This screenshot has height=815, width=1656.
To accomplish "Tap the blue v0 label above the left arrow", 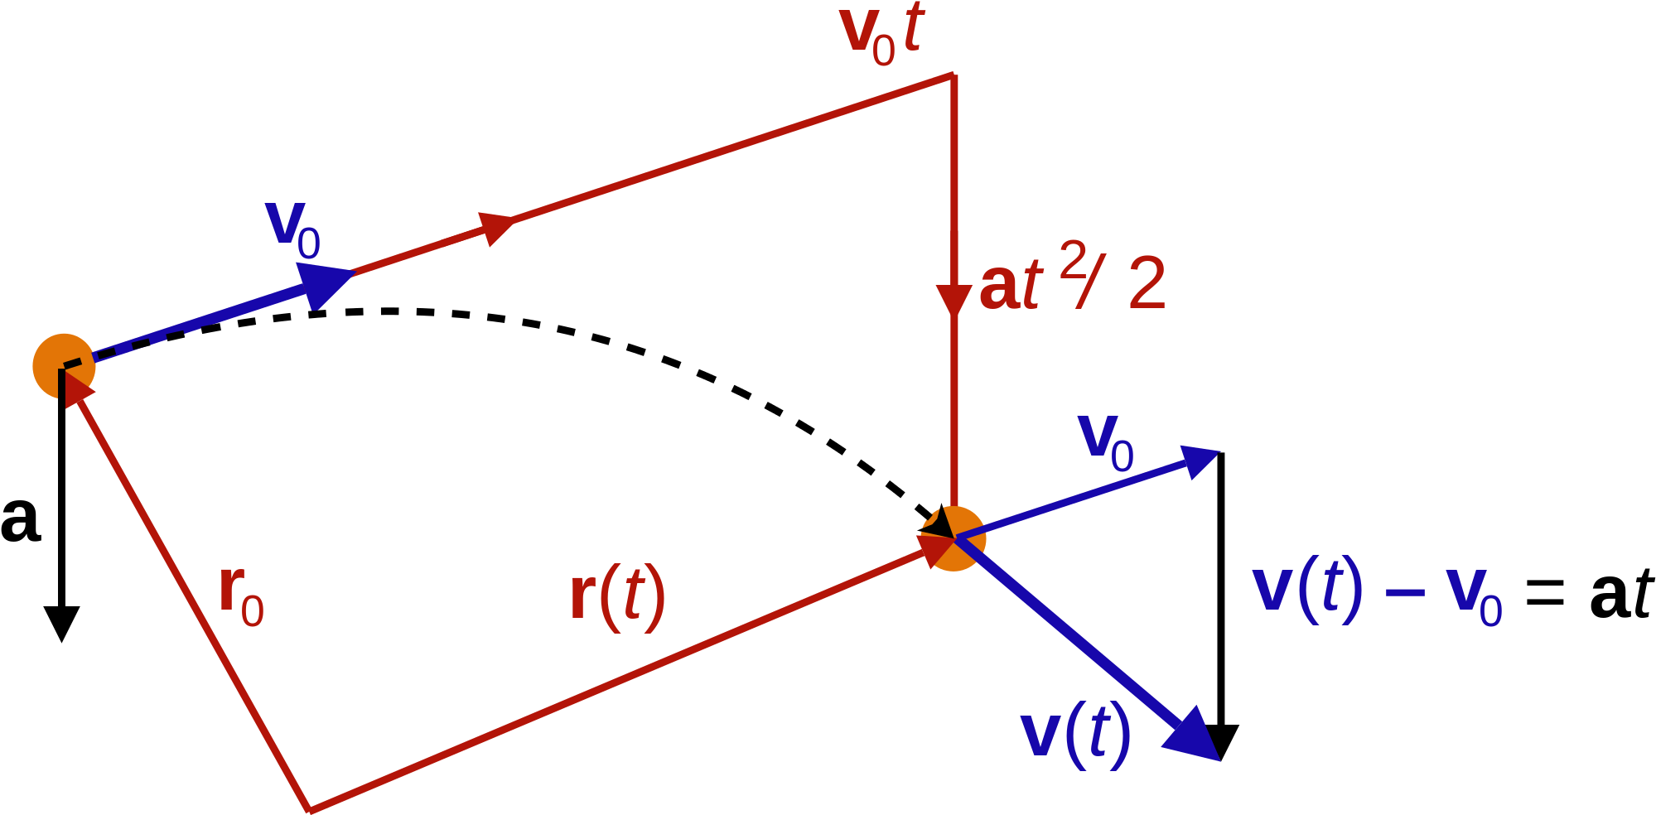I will tap(292, 230).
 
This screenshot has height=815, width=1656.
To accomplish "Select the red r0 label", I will tap(241, 596).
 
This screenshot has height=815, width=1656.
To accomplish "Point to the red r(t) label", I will tap(618, 596).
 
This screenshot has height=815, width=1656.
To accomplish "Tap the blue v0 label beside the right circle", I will tap(1106, 443).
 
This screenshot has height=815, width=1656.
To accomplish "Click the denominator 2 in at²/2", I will tap(1147, 284).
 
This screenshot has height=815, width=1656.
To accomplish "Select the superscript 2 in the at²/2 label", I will tap(1073, 258).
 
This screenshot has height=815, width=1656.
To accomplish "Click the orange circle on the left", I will tap(63, 365).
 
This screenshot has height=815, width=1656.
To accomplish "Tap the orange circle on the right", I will tap(954, 538).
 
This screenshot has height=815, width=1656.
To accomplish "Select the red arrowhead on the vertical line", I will tap(954, 299).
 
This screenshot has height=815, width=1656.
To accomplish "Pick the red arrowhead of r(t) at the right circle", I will tap(934, 550).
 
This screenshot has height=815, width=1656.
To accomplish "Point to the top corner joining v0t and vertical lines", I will tap(954, 75).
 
